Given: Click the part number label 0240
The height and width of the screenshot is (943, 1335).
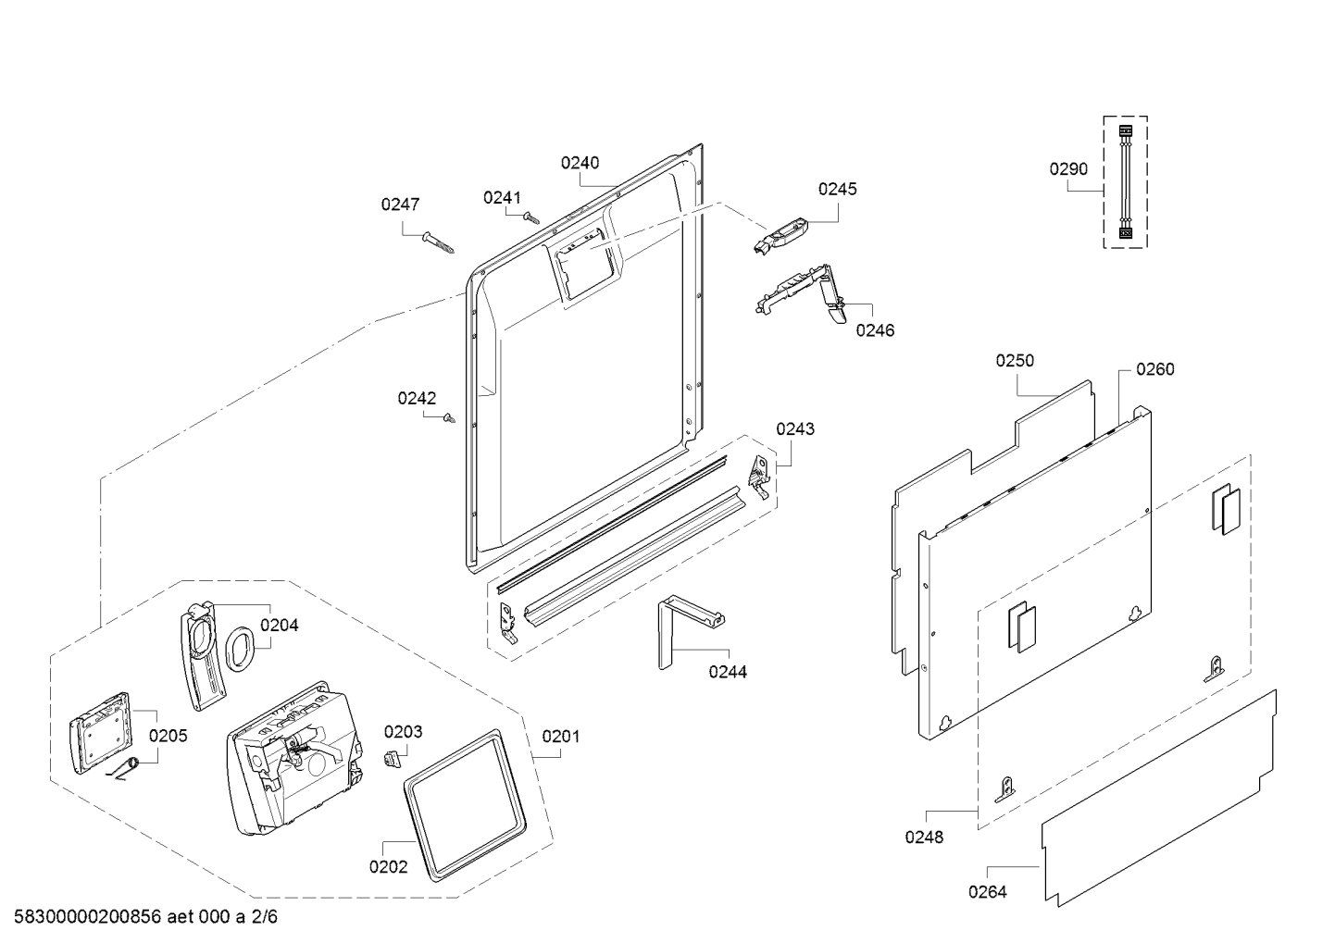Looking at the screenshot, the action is (x=580, y=163).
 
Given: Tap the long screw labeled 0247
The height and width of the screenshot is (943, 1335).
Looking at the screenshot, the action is (x=438, y=242).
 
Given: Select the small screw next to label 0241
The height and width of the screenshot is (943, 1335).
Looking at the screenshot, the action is (x=531, y=217).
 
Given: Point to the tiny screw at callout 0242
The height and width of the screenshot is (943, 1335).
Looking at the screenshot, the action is (x=449, y=418).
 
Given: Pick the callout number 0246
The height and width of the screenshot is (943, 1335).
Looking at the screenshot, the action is (x=875, y=330).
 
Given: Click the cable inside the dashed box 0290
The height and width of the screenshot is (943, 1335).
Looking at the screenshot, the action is (x=1125, y=182).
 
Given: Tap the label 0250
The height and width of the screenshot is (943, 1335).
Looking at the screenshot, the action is (x=1015, y=360).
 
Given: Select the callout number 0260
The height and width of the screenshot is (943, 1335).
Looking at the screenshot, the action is (x=1155, y=369).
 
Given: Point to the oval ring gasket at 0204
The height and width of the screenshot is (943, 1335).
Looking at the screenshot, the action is (x=240, y=650).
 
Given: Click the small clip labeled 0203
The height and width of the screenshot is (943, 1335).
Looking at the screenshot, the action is (x=391, y=760).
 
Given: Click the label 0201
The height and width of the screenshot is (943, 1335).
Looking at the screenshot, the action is (x=561, y=737).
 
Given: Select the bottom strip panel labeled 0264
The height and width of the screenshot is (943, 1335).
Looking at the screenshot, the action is (x=1159, y=799).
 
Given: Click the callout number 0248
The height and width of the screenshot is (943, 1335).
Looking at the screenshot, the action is (x=924, y=837).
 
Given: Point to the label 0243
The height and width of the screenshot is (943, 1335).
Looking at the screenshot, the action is (x=795, y=428).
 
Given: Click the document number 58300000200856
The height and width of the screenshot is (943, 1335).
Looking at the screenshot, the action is (x=88, y=917).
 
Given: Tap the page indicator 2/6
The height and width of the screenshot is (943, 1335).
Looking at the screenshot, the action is (x=264, y=917).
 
